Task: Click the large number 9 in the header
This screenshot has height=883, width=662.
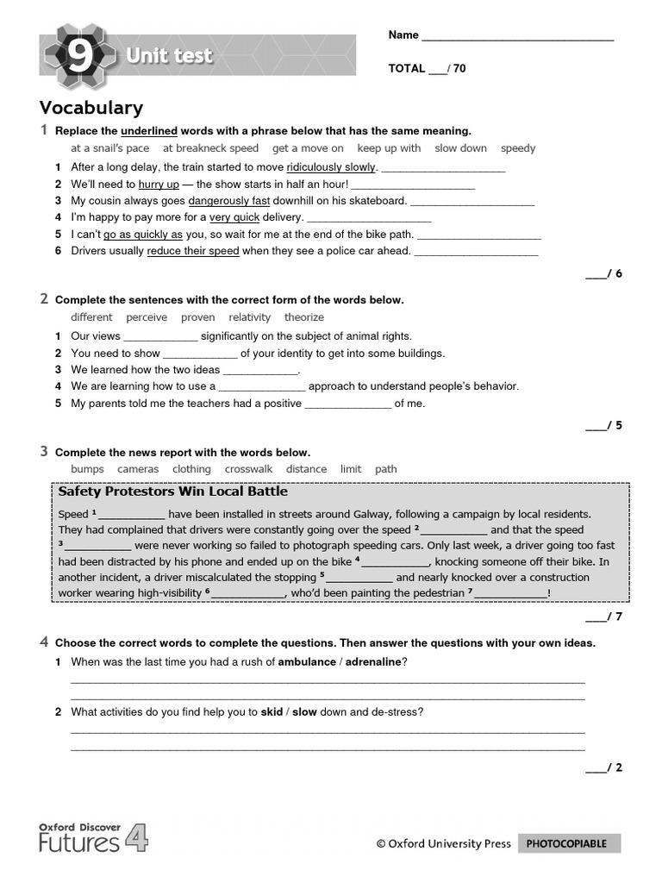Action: point(78,57)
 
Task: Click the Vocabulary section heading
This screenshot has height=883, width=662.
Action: point(91,108)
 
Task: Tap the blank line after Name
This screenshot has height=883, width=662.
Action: point(517,36)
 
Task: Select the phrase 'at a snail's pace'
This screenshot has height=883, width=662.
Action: point(109,148)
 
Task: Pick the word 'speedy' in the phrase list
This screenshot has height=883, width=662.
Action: point(518,148)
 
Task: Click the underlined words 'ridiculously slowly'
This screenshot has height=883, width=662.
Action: point(331,167)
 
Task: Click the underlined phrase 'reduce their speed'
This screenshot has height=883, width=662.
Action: point(193,251)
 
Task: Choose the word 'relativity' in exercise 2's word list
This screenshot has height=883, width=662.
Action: point(249,317)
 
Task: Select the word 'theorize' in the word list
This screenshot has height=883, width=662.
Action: point(304,317)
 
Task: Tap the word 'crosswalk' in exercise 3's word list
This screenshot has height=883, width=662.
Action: point(248,469)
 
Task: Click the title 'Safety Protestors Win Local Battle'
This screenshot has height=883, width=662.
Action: point(172,492)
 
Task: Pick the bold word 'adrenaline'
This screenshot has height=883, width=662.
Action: point(373,661)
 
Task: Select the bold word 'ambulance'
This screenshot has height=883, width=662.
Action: point(308,661)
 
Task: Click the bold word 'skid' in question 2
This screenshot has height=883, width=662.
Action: point(272,712)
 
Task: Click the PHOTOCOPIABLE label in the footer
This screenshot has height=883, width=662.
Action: point(566,843)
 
